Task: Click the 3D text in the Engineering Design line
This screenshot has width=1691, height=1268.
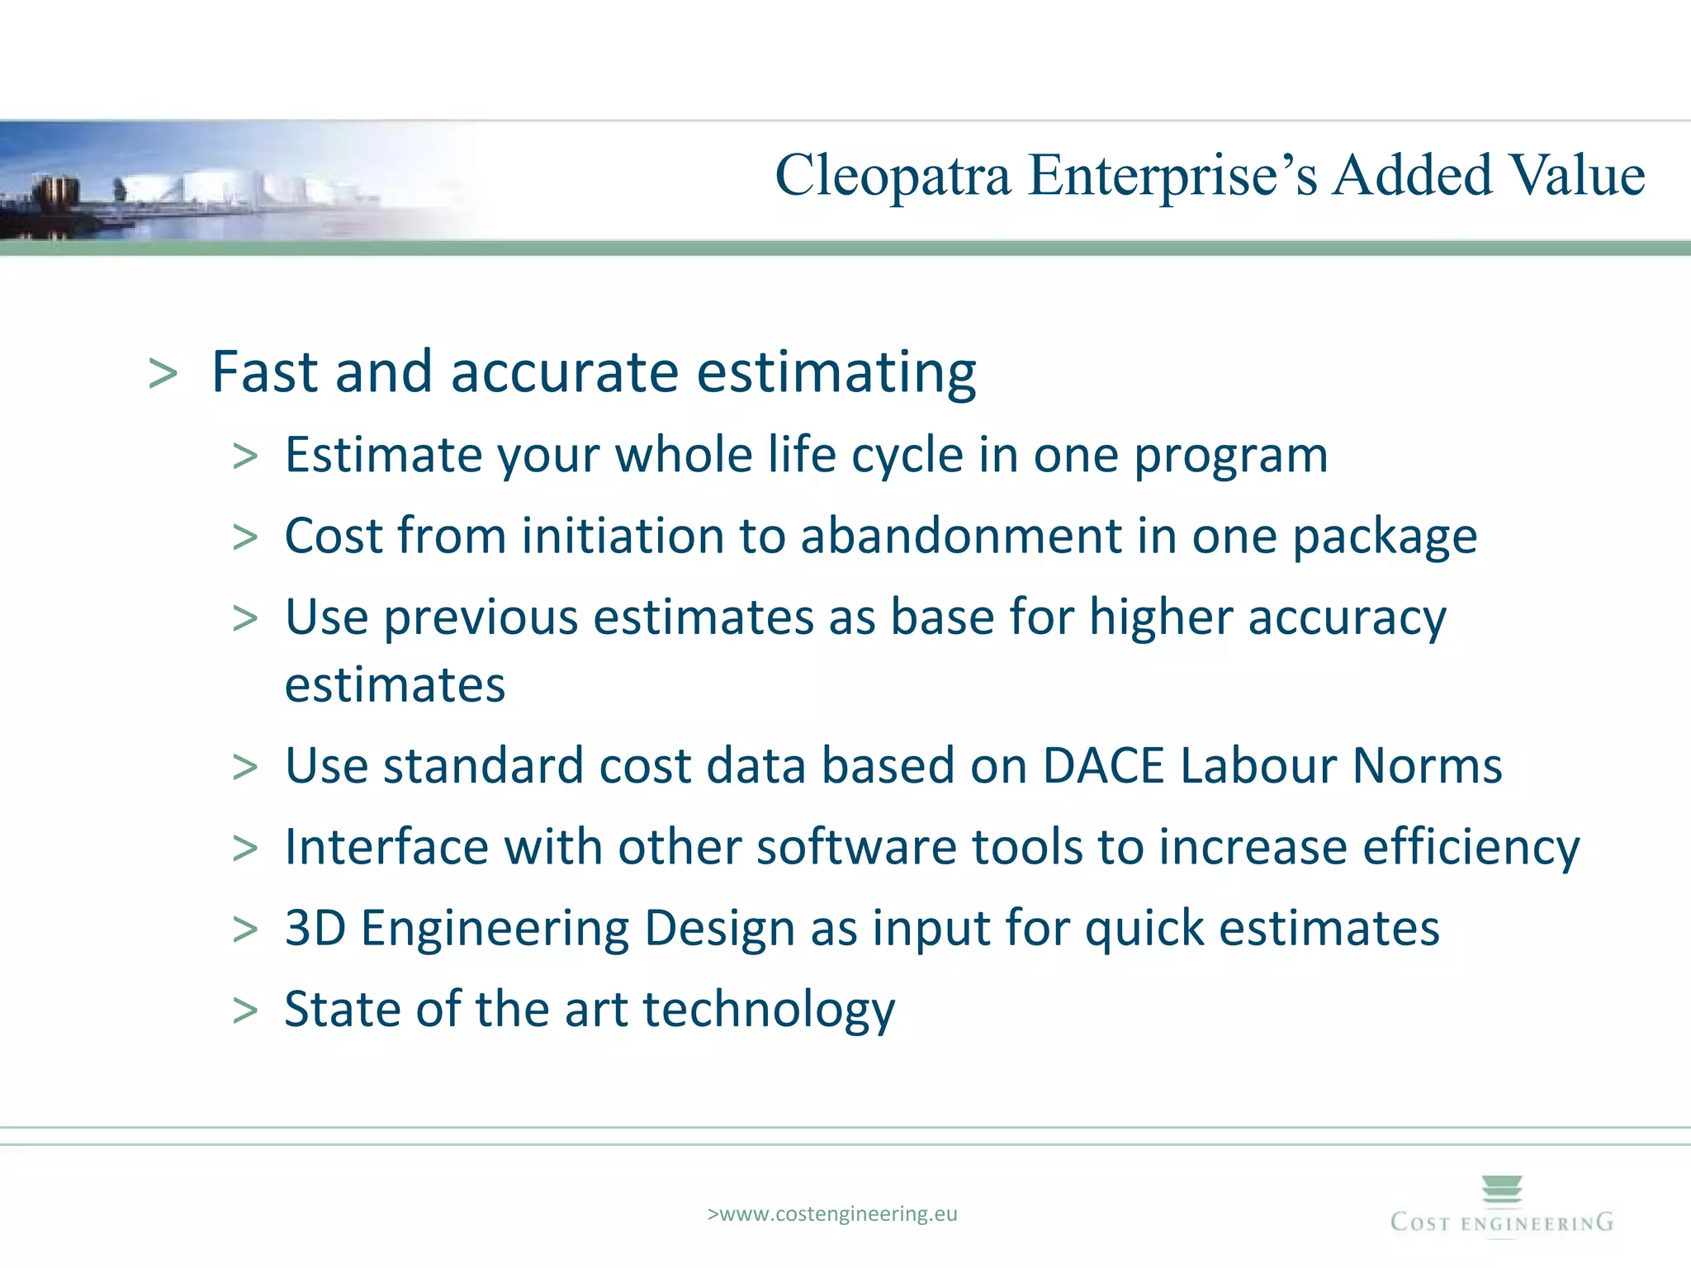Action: [x=315, y=928]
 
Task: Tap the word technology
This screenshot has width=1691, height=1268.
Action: [x=769, y=1010]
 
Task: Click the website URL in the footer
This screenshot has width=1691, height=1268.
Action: [x=832, y=1214]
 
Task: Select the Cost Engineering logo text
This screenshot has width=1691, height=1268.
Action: [x=1502, y=1223]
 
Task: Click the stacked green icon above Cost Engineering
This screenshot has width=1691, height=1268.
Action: [x=1502, y=1189]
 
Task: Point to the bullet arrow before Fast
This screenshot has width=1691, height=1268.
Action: [x=163, y=374]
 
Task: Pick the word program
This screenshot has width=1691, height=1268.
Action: [x=1230, y=456]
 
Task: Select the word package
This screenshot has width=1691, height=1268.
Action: [x=1385, y=537]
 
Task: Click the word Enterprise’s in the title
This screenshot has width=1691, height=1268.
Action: [x=1172, y=176]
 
